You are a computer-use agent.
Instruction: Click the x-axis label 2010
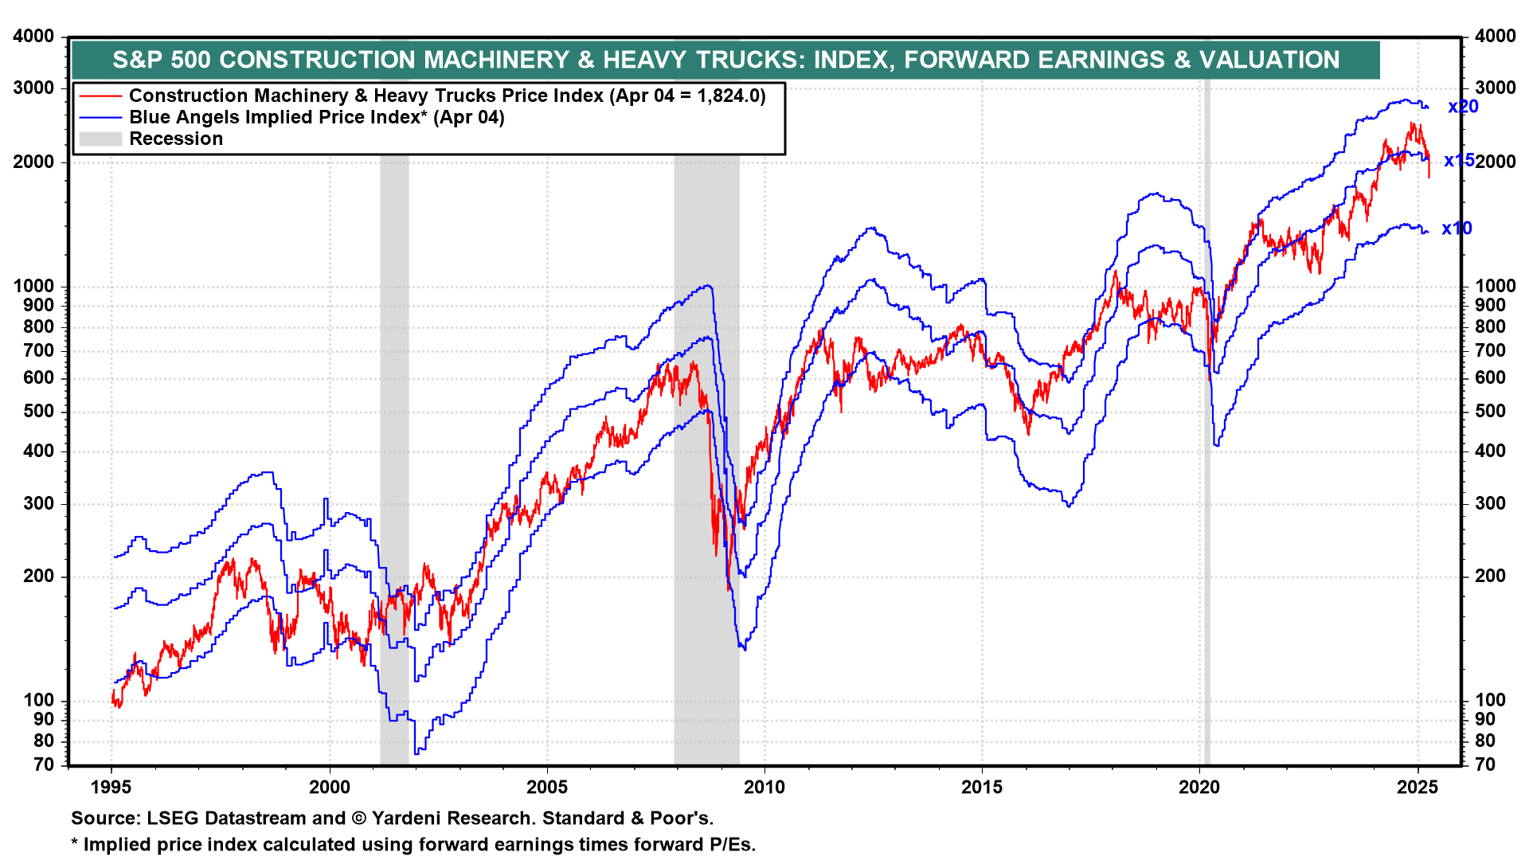764,788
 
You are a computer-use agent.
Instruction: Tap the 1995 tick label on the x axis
111,788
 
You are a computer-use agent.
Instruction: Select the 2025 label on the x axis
1418,788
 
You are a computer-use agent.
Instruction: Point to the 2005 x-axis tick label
547,788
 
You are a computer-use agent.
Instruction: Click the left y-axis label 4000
34,37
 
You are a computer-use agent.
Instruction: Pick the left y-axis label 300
39,503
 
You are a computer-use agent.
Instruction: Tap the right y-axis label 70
1486,765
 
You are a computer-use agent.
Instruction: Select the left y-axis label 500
39,411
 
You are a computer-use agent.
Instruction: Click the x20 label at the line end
1463,107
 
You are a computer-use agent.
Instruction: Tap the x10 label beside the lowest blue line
1457,229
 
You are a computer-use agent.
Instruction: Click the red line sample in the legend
100,96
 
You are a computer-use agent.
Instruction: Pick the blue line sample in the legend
100,118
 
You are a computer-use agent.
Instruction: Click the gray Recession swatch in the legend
100,139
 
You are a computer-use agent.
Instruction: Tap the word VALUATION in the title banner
1269,60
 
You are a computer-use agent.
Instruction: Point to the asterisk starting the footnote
75,844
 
